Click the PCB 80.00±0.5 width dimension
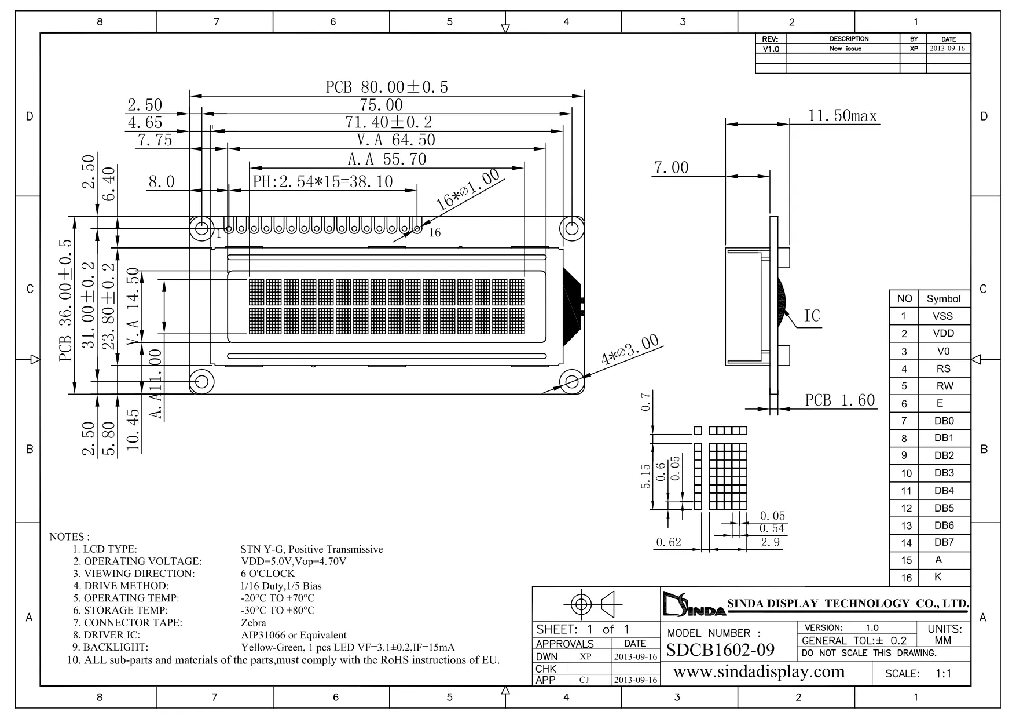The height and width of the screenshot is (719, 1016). click(387, 87)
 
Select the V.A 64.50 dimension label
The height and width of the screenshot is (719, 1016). click(395, 140)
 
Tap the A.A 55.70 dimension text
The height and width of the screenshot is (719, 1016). click(387, 159)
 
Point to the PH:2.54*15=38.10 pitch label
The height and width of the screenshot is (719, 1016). click(322, 182)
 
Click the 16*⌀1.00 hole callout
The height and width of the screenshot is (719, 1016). click(467, 189)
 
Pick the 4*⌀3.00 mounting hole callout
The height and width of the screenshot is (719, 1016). click(630, 349)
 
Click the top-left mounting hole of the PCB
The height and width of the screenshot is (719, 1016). click(201, 228)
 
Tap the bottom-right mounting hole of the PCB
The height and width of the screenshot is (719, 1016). click(571, 381)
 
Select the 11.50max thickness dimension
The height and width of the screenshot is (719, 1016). click(842, 116)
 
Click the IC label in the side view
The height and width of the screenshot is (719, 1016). click(812, 316)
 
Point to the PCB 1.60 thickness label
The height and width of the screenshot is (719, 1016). click(839, 400)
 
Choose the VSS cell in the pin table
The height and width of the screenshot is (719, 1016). click(942, 316)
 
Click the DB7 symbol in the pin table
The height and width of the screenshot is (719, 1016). click(943, 543)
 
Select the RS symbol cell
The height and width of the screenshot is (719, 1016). click(943, 368)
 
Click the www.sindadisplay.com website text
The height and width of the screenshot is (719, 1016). click(759, 672)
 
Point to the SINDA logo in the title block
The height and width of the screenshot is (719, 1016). click(693, 605)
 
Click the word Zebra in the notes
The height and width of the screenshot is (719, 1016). click(254, 623)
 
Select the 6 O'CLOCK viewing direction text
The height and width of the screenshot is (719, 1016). click(267, 574)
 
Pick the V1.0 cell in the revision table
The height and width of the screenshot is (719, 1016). click(771, 49)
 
